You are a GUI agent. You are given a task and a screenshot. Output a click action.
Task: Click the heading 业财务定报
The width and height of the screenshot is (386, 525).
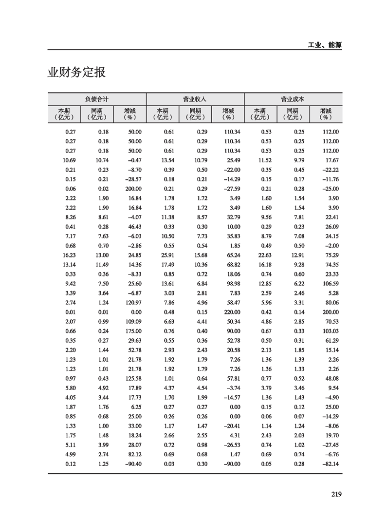(76, 73)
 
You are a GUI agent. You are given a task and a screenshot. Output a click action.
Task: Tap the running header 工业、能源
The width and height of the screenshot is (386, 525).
(325, 45)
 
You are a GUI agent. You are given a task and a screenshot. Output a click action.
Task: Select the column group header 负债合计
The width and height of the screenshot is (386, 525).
(97, 98)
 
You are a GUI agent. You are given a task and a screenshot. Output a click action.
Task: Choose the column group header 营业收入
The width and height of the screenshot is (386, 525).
(195, 98)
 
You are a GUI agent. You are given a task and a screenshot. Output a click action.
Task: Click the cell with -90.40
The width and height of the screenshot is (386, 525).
(132, 463)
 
